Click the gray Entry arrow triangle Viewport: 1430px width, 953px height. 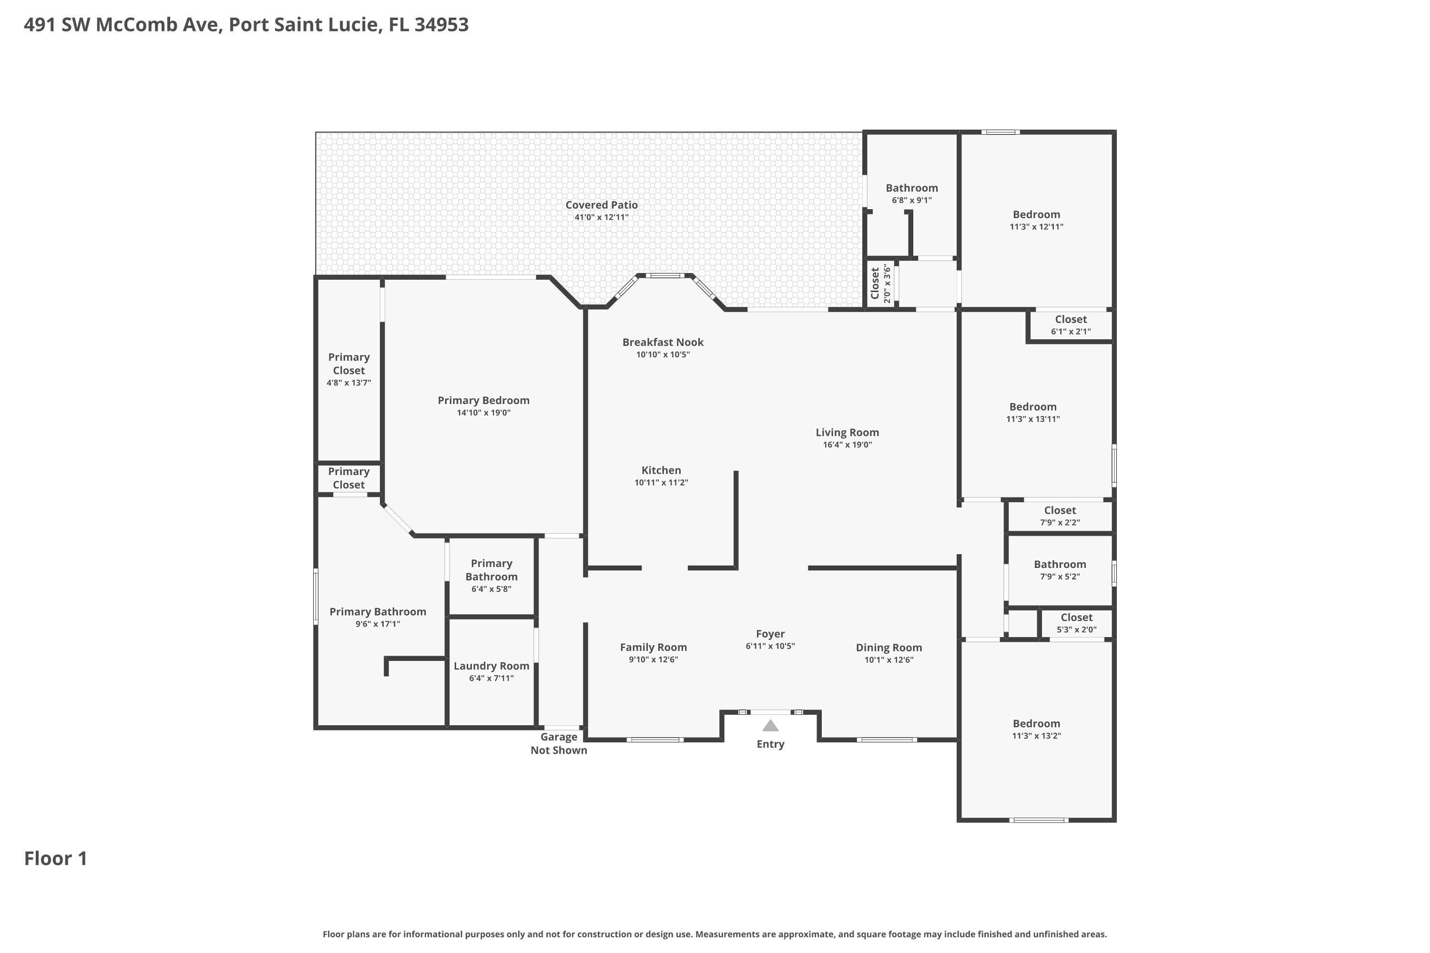[770, 726]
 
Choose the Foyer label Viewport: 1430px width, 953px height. [770, 634]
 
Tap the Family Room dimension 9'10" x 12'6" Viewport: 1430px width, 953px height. [653, 660]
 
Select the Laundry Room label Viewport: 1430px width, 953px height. [491, 666]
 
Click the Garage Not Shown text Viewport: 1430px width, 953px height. [559, 743]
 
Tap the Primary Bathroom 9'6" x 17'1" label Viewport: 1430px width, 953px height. [378, 612]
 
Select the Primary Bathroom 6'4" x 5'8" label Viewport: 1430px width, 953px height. [491, 570]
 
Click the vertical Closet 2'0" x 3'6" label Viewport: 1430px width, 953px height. [880, 283]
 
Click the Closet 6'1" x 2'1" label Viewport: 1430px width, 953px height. [1071, 320]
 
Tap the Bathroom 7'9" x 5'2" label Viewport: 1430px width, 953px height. [1060, 565]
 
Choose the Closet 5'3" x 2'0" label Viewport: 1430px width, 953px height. [1076, 618]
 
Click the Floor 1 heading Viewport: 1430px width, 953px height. [56, 858]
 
